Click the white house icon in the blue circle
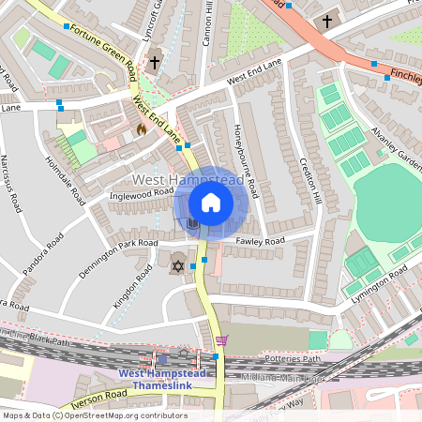pos(211,203)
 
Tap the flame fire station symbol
pos(142,129)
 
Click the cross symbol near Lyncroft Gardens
pos(154,62)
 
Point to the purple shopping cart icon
pos(221,340)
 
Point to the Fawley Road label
pos(261,241)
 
